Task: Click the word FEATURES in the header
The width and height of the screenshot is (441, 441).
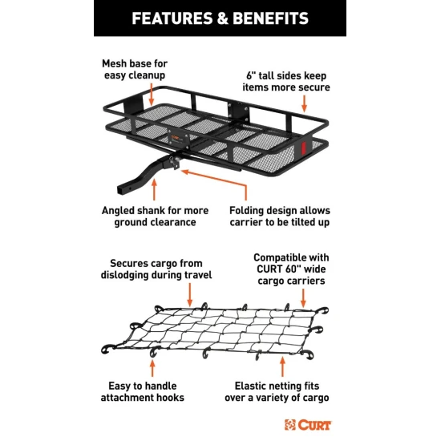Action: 172,18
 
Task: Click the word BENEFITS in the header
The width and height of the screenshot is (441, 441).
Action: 270,18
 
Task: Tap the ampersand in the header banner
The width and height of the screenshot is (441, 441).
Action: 222,18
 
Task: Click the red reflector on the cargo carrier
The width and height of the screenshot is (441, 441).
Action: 303,148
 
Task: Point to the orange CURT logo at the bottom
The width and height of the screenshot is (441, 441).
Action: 308,425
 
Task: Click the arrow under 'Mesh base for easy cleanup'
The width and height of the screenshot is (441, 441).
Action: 152,95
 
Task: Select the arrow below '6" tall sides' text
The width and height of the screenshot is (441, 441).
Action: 304,103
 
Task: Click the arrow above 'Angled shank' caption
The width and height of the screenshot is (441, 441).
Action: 154,189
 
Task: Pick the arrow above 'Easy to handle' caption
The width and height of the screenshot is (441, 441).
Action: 152,368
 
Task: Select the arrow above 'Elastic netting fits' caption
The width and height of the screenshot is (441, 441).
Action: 282,366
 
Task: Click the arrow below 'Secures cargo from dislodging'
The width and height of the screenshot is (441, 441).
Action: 190,295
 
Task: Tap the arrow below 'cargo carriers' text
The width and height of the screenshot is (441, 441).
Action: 303,298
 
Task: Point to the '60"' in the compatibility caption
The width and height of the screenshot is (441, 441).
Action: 291,269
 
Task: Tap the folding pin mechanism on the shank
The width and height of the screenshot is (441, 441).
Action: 174,162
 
